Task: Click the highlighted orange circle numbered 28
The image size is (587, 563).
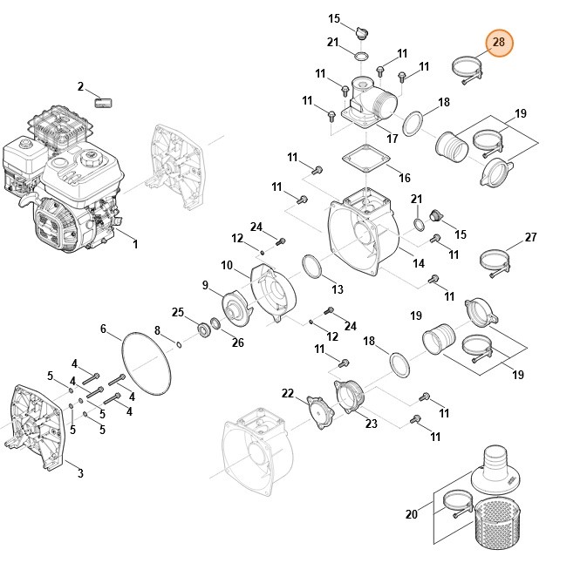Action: pyautogui.click(x=499, y=42)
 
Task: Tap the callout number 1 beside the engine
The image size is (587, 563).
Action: pyautogui.click(x=135, y=245)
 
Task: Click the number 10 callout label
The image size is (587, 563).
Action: pyautogui.click(x=226, y=265)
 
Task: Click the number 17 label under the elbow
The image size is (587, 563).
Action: pyautogui.click(x=392, y=139)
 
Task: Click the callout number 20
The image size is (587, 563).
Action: pyautogui.click(x=412, y=515)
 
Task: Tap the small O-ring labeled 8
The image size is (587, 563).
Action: pyautogui.click(x=180, y=344)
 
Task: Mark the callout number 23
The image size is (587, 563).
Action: pyautogui.click(x=371, y=424)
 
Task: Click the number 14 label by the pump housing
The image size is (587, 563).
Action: pyautogui.click(x=419, y=263)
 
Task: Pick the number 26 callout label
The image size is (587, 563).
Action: pyautogui.click(x=237, y=343)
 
